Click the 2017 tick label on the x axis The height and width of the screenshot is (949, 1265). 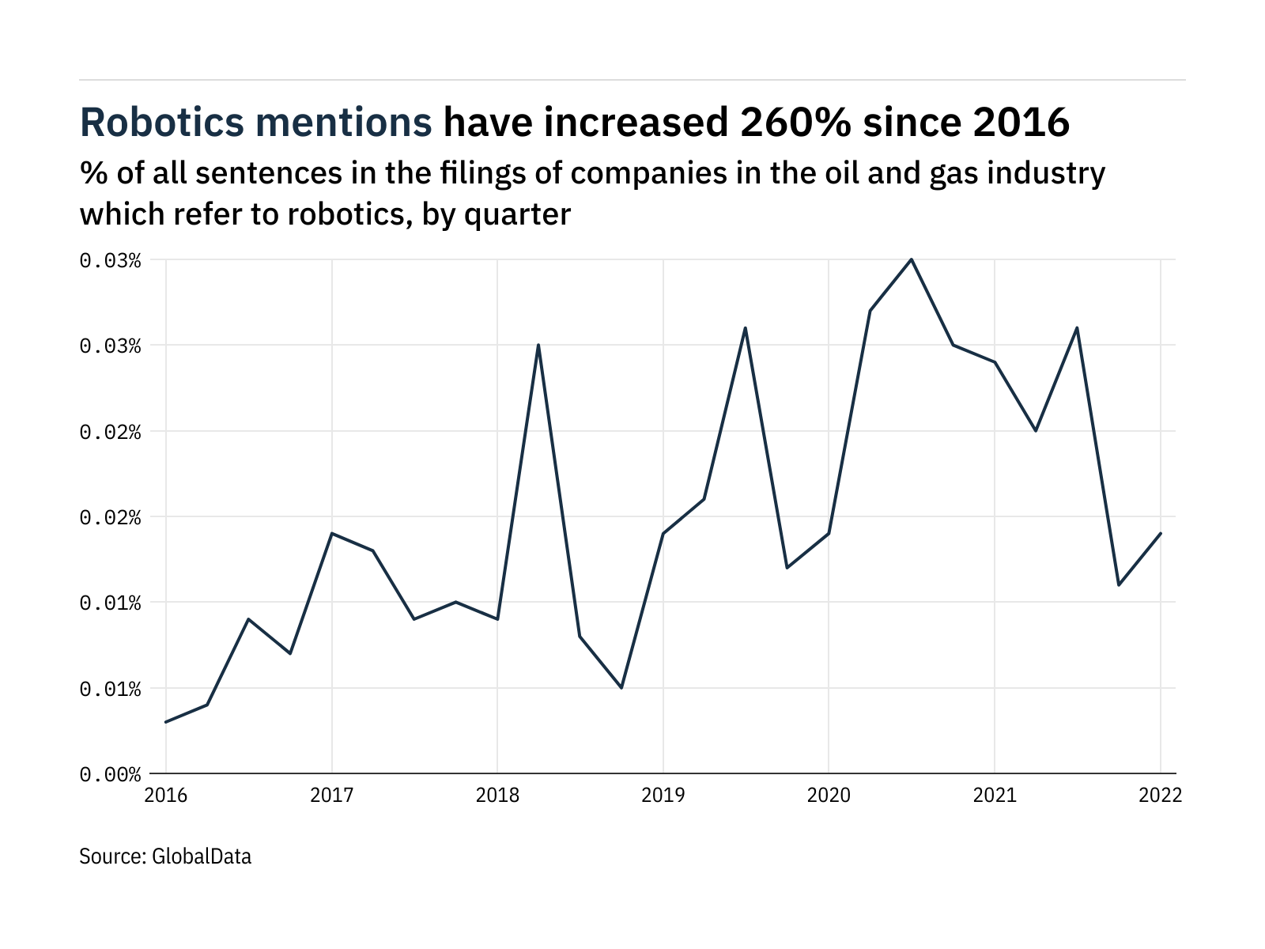331,795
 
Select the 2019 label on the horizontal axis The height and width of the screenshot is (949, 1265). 663,795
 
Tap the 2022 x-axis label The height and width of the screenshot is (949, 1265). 1160,795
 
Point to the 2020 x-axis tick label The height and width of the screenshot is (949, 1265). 829,795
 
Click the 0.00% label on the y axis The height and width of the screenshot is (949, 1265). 110,774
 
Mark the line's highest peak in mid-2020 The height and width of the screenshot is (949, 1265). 912,259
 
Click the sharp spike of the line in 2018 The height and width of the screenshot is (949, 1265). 538,345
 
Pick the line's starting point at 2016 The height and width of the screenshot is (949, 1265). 166,722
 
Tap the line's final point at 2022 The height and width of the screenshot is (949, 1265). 1160,534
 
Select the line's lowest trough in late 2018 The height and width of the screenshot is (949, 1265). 621,688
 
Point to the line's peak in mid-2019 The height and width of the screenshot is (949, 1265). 746,328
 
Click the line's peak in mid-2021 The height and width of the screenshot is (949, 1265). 1077,328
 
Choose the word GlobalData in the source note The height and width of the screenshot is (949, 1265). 202,856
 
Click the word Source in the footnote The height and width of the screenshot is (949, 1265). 110,856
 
